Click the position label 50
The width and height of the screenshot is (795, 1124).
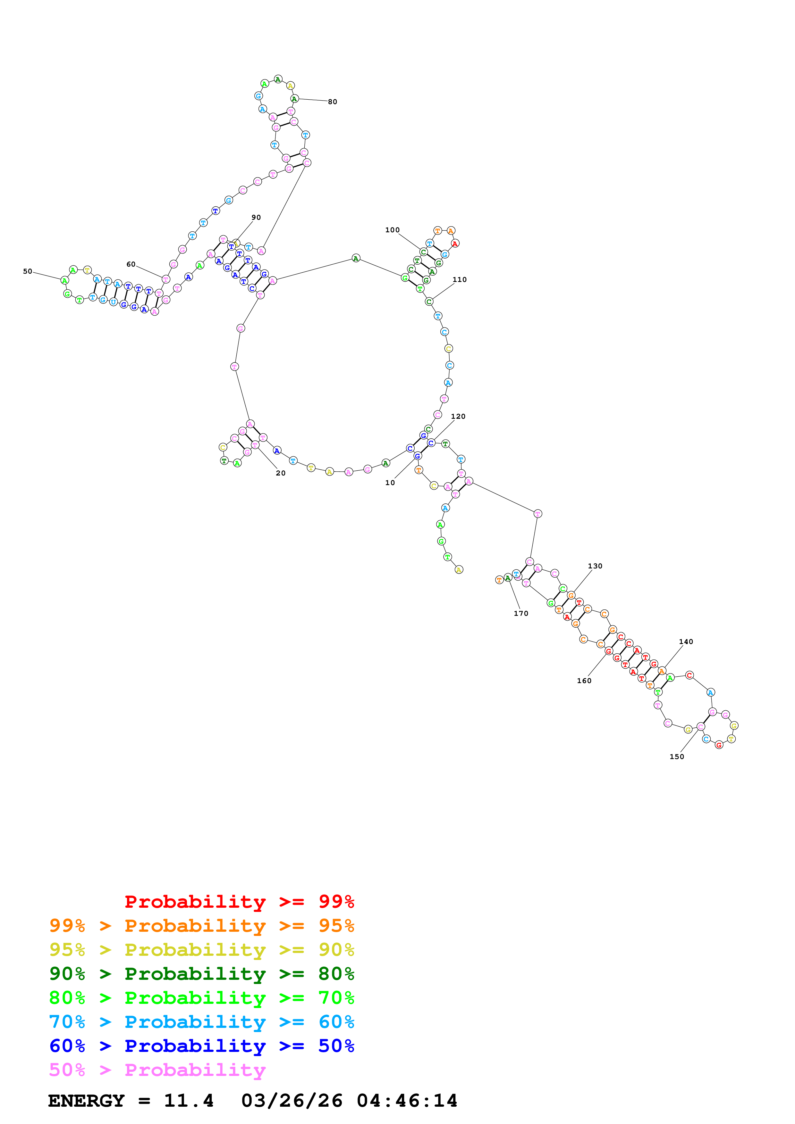click(x=28, y=271)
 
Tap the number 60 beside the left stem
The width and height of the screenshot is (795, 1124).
click(x=131, y=264)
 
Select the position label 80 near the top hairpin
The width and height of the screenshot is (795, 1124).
click(x=333, y=102)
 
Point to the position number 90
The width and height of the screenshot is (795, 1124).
click(x=256, y=217)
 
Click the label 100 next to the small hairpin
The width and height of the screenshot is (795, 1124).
click(x=392, y=230)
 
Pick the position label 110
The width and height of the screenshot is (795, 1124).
click(x=460, y=279)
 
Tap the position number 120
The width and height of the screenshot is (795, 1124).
click(x=458, y=417)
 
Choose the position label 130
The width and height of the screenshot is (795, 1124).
click(x=595, y=566)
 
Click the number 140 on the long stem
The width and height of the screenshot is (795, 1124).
click(x=686, y=642)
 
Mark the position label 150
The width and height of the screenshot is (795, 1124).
click(x=677, y=757)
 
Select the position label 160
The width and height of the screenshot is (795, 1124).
click(x=584, y=681)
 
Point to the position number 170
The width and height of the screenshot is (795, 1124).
click(x=521, y=613)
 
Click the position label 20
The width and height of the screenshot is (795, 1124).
click(x=281, y=473)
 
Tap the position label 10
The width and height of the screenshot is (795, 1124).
click(x=390, y=483)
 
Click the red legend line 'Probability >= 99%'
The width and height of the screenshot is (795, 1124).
click(x=239, y=902)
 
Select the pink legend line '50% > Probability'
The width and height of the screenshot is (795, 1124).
click(x=157, y=1070)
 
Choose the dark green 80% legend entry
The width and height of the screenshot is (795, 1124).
click(x=202, y=974)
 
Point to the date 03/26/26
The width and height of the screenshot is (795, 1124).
click(x=292, y=1101)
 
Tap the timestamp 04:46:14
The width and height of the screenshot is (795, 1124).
click(x=407, y=1101)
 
